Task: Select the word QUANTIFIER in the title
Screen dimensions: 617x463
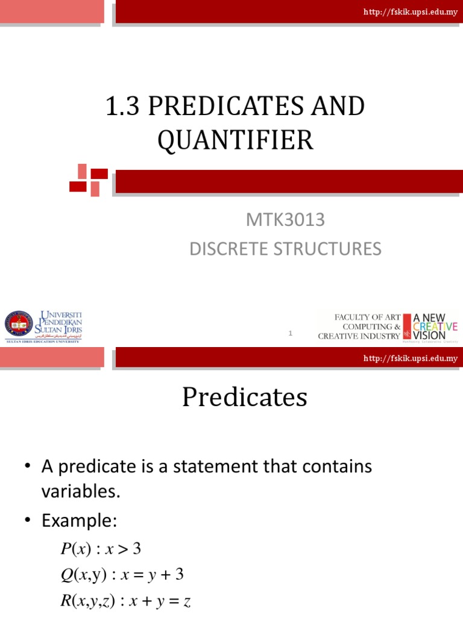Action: coord(236,140)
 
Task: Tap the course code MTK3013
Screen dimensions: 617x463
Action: coord(285,221)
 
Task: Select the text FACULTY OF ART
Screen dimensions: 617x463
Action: coord(367,317)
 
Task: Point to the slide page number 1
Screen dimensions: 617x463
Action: coord(291,333)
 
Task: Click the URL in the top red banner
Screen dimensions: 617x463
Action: coord(410,12)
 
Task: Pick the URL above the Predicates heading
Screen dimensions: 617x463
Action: coord(410,359)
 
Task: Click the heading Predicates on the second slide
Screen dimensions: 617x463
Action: coord(245,398)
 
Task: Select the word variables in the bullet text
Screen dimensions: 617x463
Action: coord(78,491)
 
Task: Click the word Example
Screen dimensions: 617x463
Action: coord(78,520)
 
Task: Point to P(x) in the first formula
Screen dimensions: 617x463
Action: coord(73,549)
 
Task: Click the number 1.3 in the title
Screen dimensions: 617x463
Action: coord(122,107)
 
